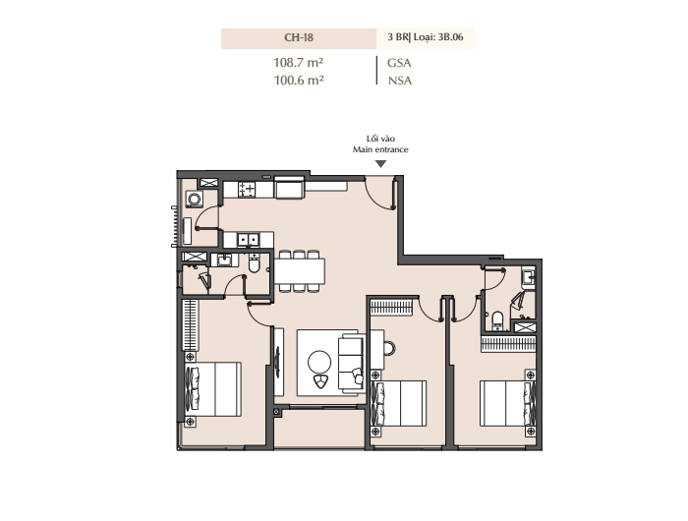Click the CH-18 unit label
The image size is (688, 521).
pos(299,37)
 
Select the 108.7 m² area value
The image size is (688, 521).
pos(299,63)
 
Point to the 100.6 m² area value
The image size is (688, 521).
pos(299,81)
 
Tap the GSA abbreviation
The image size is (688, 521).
pos(399,63)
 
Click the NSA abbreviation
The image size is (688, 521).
pos(400,81)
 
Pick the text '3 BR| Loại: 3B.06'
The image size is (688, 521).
pos(426,37)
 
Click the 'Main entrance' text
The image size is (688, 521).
pos(380,149)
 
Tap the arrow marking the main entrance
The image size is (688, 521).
pos(381,164)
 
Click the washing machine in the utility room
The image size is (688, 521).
pos(195,199)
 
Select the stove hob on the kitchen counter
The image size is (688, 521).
pos(247,190)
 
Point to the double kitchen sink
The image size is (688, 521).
pos(249,240)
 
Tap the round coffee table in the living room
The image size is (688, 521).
pos(319,363)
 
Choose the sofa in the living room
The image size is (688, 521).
pos(351,363)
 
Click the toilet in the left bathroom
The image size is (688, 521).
pos(255,263)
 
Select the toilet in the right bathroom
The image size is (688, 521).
pos(497,320)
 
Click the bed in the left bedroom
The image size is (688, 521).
pos(213,389)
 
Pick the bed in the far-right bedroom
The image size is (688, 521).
pos(508,403)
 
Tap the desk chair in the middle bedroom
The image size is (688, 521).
pos(389,349)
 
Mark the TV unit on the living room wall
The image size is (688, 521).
pos(278,361)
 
